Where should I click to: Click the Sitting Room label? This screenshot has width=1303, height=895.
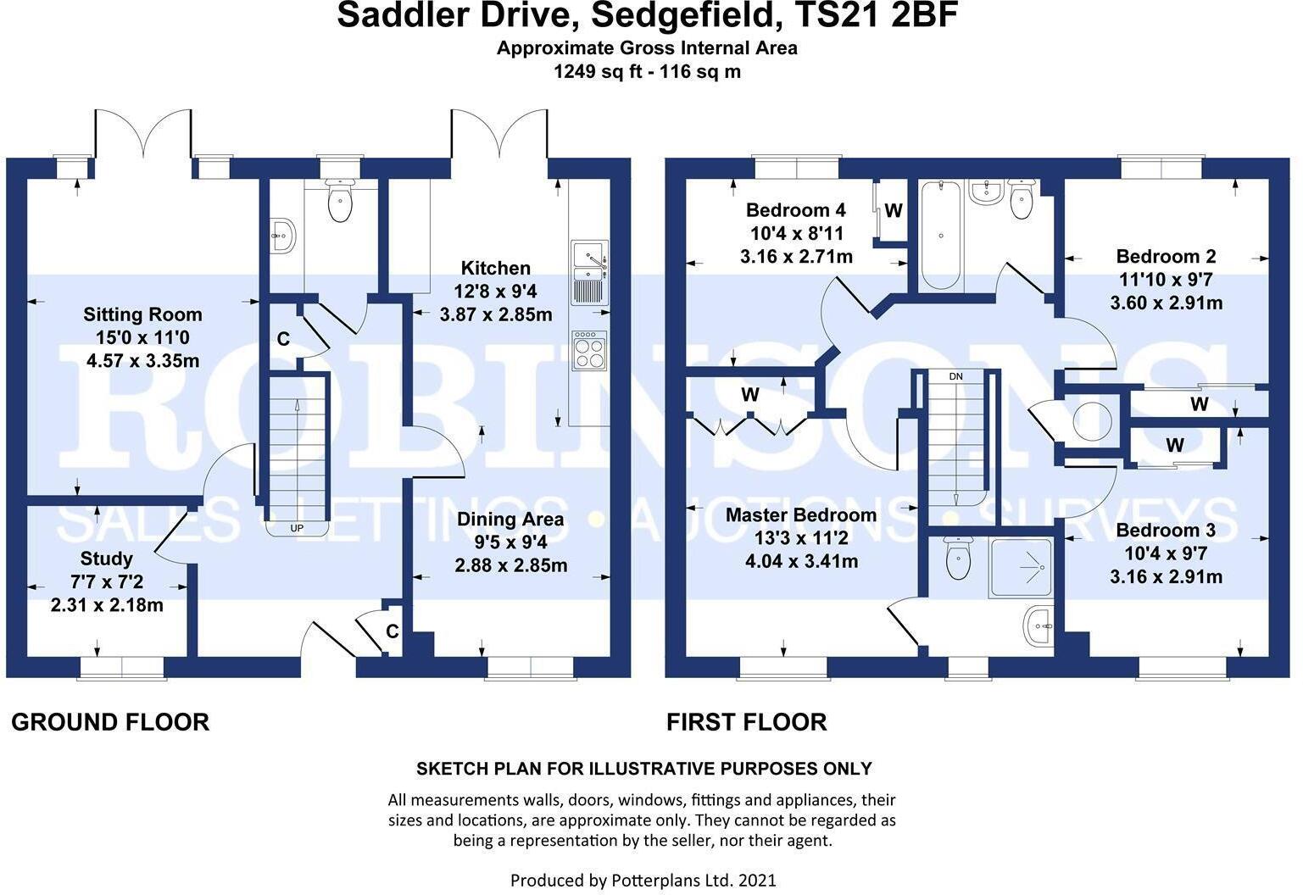142,314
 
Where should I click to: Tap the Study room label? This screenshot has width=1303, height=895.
106,559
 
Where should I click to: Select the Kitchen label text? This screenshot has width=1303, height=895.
495,269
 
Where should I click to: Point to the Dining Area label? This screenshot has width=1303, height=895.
510,519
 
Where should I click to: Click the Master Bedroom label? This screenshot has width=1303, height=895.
800,514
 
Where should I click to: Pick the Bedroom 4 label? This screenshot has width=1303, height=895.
795,210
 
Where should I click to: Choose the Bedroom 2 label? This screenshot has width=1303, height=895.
1166,256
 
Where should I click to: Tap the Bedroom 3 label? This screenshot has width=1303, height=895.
1166,530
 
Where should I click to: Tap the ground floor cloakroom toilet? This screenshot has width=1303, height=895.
340,201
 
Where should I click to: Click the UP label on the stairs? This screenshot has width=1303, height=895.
297,529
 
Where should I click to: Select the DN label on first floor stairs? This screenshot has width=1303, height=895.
955,376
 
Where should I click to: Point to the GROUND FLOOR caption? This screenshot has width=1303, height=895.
110,722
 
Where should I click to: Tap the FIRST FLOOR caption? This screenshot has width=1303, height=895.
746,722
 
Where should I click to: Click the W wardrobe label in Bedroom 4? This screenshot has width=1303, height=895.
894,211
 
